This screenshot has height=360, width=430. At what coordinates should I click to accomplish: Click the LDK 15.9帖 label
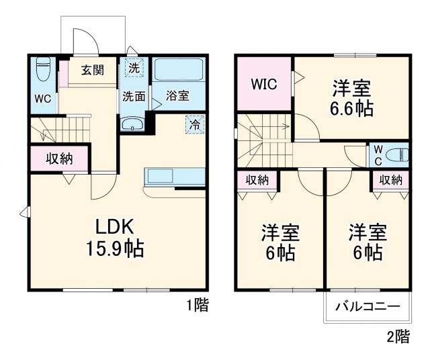pyautogui.click(x=114, y=238)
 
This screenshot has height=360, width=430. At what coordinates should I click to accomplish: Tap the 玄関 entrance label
pyautogui.click(x=93, y=70)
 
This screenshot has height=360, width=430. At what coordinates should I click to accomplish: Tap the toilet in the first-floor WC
pyautogui.click(x=44, y=69)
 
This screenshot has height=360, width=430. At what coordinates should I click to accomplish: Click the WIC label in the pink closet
pyautogui.click(x=264, y=85)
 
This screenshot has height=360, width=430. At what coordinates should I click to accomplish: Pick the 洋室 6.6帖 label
pyautogui.click(x=351, y=98)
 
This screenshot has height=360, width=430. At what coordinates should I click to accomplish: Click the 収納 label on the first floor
pyautogui.click(x=59, y=159)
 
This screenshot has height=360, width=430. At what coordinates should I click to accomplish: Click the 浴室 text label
pyautogui.click(x=177, y=95)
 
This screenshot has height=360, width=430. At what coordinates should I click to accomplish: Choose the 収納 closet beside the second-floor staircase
pyautogui.click(x=257, y=179)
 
